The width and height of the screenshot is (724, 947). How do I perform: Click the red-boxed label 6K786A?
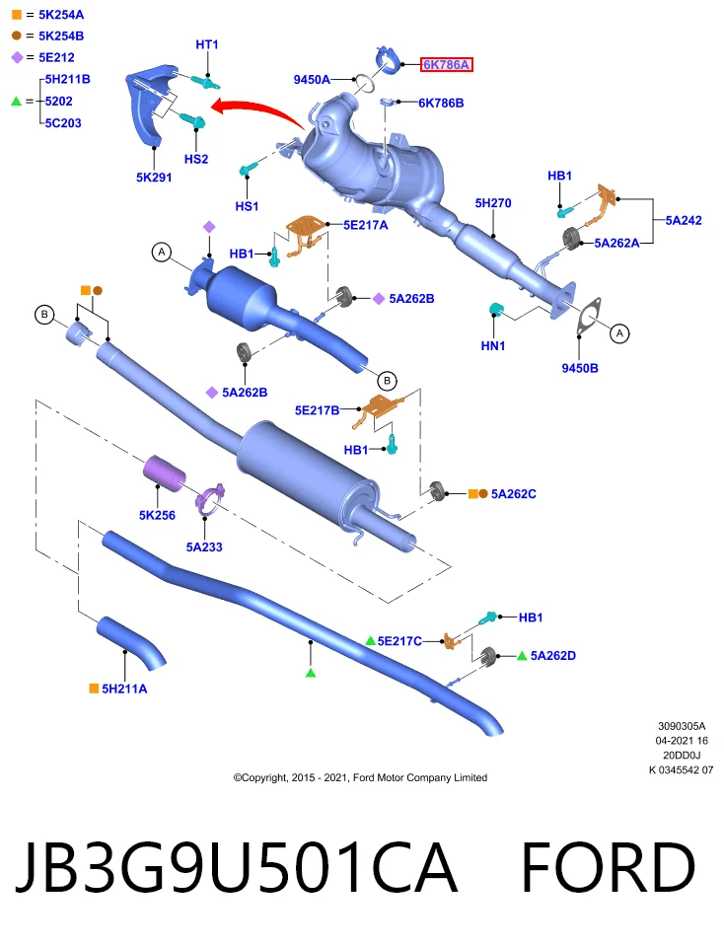pyautogui.click(x=446, y=65)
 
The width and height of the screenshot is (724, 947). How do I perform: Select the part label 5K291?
pyautogui.click(x=154, y=178)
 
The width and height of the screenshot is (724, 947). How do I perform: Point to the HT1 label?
pyautogui.click(x=207, y=44)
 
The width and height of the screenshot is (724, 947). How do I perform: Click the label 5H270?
pyautogui.click(x=493, y=203)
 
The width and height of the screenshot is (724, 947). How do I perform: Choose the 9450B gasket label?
pyautogui.click(x=580, y=368)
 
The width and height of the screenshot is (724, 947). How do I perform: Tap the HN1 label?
pyautogui.click(x=493, y=346)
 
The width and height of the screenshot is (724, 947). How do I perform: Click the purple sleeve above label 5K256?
pyautogui.click(x=164, y=473)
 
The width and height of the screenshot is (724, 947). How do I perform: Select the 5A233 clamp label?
pyautogui.click(x=204, y=547)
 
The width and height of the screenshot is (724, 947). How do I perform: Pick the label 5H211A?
pyautogui.click(x=124, y=689)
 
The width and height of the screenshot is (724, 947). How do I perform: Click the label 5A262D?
pyautogui.click(x=553, y=656)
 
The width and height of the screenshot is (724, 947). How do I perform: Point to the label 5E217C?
pyautogui.click(x=399, y=641)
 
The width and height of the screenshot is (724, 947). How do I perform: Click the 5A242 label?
pyautogui.click(x=684, y=220)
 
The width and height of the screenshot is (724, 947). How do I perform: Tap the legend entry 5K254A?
pyautogui.click(x=61, y=15)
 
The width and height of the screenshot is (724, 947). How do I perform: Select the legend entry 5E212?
pyautogui.click(x=57, y=57)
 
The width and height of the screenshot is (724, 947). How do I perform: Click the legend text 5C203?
pyautogui.click(x=63, y=123)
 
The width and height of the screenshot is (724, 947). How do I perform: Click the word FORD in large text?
pyautogui.click(x=608, y=867)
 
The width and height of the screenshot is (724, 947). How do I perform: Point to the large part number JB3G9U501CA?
pyautogui.click(x=236, y=867)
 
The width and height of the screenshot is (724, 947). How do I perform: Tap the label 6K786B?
pyautogui.click(x=442, y=104)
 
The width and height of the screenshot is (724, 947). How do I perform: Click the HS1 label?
pyautogui.click(x=247, y=206)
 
